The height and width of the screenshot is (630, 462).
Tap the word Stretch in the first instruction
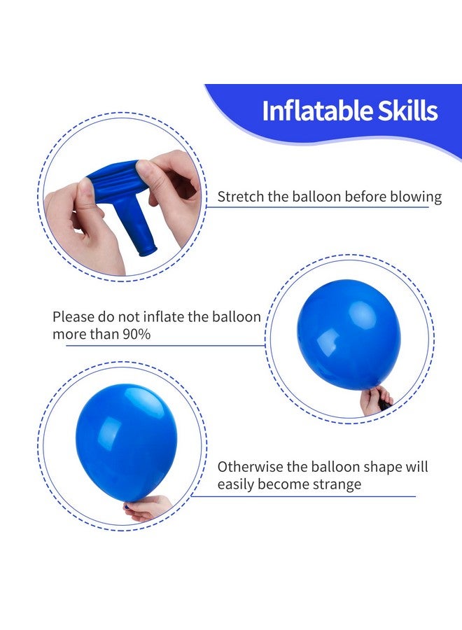(x=239, y=197)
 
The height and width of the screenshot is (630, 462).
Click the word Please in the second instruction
(x=73, y=317)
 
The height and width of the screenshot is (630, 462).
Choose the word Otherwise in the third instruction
(x=248, y=467)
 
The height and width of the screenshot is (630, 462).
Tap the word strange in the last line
(x=338, y=484)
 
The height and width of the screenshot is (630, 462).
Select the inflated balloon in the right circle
(x=348, y=335)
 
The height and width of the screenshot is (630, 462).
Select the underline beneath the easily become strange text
(x=308, y=496)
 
